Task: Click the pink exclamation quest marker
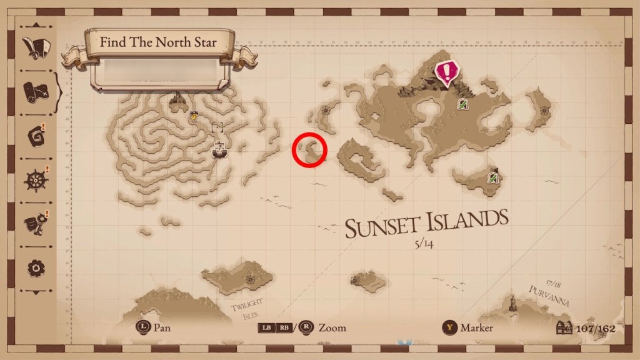click(446, 72)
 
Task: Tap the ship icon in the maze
click(219, 149)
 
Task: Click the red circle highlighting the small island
click(310, 150)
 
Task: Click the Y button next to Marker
click(449, 327)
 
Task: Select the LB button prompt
click(266, 327)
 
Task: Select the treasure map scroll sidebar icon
click(36, 92)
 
